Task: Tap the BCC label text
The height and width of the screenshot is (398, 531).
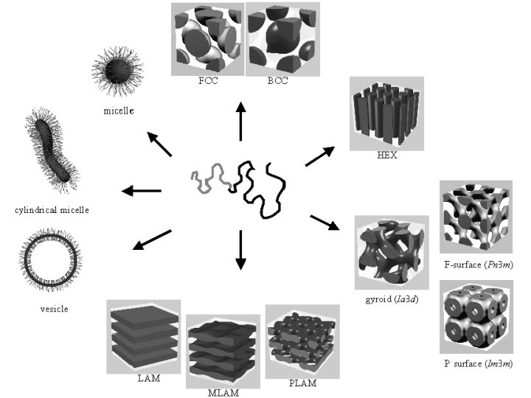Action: pyautogui.click(x=277, y=82)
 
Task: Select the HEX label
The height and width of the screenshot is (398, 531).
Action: pyautogui.click(x=386, y=156)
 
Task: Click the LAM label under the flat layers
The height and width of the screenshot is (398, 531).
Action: pyautogui.click(x=148, y=379)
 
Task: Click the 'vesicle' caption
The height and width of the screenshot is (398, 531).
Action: pyautogui.click(x=54, y=309)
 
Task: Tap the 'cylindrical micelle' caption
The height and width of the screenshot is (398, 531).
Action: pyautogui.click(x=52, y=210)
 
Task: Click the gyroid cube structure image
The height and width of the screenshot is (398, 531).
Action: pyautogui.click(x=390, y=255)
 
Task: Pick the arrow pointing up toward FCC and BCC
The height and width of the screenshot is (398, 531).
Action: pyautogui.click(x=240, y=122)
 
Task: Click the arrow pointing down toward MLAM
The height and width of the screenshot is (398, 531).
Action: pyautogui.click(x=239, y=250)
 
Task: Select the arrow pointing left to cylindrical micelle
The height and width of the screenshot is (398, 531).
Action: pyautogui.click(x=141, y=192)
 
